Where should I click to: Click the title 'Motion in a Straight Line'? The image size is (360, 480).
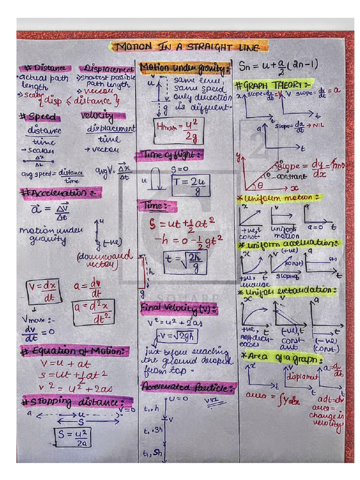[x=189, y=46]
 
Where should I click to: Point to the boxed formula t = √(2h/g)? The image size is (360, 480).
[x=185, y=262]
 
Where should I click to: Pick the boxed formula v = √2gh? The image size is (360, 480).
[x=177, y=336]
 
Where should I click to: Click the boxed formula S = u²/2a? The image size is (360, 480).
[x=72, y=437]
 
